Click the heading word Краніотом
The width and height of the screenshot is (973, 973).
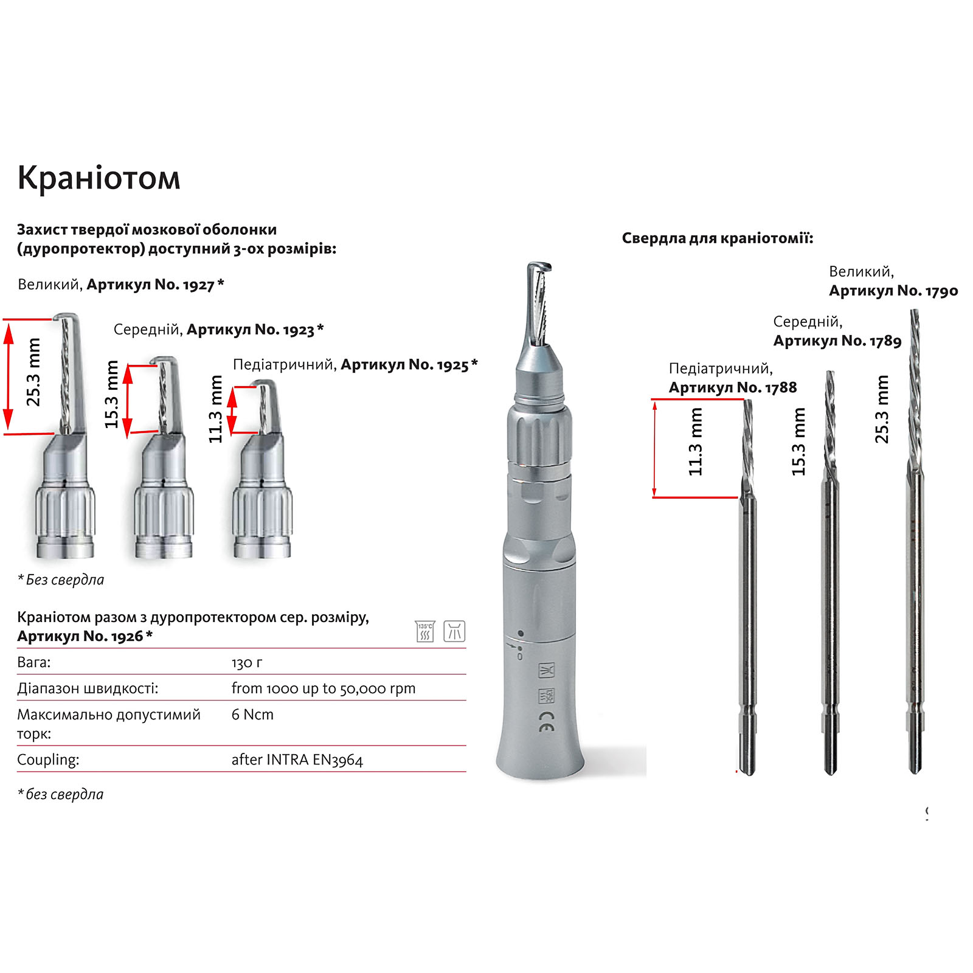point(99,178)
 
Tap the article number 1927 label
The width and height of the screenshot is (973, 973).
point(155,285)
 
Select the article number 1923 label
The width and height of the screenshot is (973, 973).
point(255,330)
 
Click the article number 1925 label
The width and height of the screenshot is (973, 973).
point(409,365)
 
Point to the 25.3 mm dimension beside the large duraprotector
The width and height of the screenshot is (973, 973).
point(33,372)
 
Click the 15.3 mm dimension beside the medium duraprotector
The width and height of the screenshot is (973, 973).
point(111,395)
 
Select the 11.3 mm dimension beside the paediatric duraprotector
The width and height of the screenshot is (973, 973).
point(216,409)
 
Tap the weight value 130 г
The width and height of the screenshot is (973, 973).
point(247,662)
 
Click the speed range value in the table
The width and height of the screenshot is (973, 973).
point(324,688)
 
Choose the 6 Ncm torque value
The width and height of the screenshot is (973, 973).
point(252,715)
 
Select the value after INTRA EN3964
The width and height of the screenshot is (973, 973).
point(297,760)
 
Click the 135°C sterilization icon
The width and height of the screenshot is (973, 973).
point(425,631)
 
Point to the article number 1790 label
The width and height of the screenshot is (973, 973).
point(893,291)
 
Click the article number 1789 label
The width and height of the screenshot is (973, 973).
point(837,341)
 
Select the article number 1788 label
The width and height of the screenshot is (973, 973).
point(733,387)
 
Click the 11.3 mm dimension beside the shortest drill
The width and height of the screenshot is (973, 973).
point(695,441)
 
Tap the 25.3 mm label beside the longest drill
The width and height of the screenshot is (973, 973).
point(882,409)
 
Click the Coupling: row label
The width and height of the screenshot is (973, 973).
point(48,760)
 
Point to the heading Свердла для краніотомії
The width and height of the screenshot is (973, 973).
point(718,238)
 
